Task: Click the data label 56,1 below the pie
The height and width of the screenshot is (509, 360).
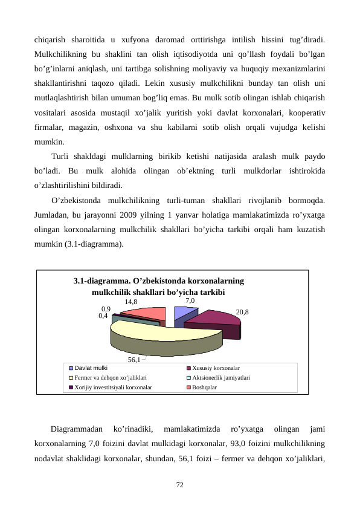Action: coord(133,360)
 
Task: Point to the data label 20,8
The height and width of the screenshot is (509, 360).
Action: coord(242,313)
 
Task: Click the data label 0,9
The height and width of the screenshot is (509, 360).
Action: coord(106,308)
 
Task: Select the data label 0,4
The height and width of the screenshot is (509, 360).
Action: coord(103,315)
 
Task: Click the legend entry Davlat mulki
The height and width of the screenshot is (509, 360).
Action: coord(91,368)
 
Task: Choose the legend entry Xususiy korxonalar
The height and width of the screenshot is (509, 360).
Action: coord(216,368)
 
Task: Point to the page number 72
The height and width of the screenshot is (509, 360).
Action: coord(179,485)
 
